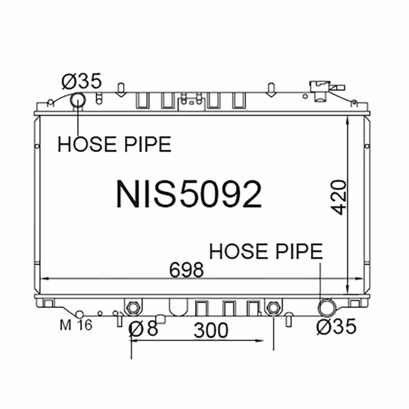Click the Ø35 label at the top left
tap(82, 81)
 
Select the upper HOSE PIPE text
tap(114, 145)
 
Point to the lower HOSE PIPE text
tap(266, 251)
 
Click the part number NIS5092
tap(189, 194)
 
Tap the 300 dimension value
tap(211, 331)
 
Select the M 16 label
tap(76, 325)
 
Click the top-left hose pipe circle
tap(78, 101)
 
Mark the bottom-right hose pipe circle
tap(326, 308)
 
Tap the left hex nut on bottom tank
tap(132, 307)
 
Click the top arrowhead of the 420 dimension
tap(348, 119)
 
